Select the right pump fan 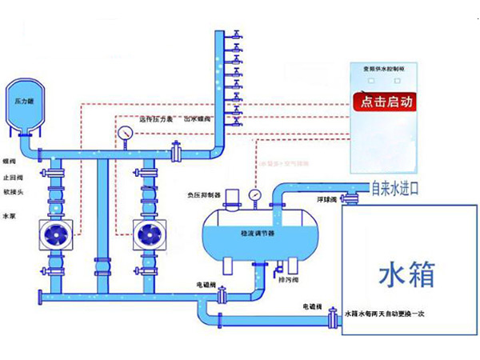(x=148, y=235)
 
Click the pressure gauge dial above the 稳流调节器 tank (x=254, y=194)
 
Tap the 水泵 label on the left (x=9, y=216)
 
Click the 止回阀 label (x=10, y=179)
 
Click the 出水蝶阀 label (x=197, y=119)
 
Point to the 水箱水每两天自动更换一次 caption (x=389, y=313)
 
